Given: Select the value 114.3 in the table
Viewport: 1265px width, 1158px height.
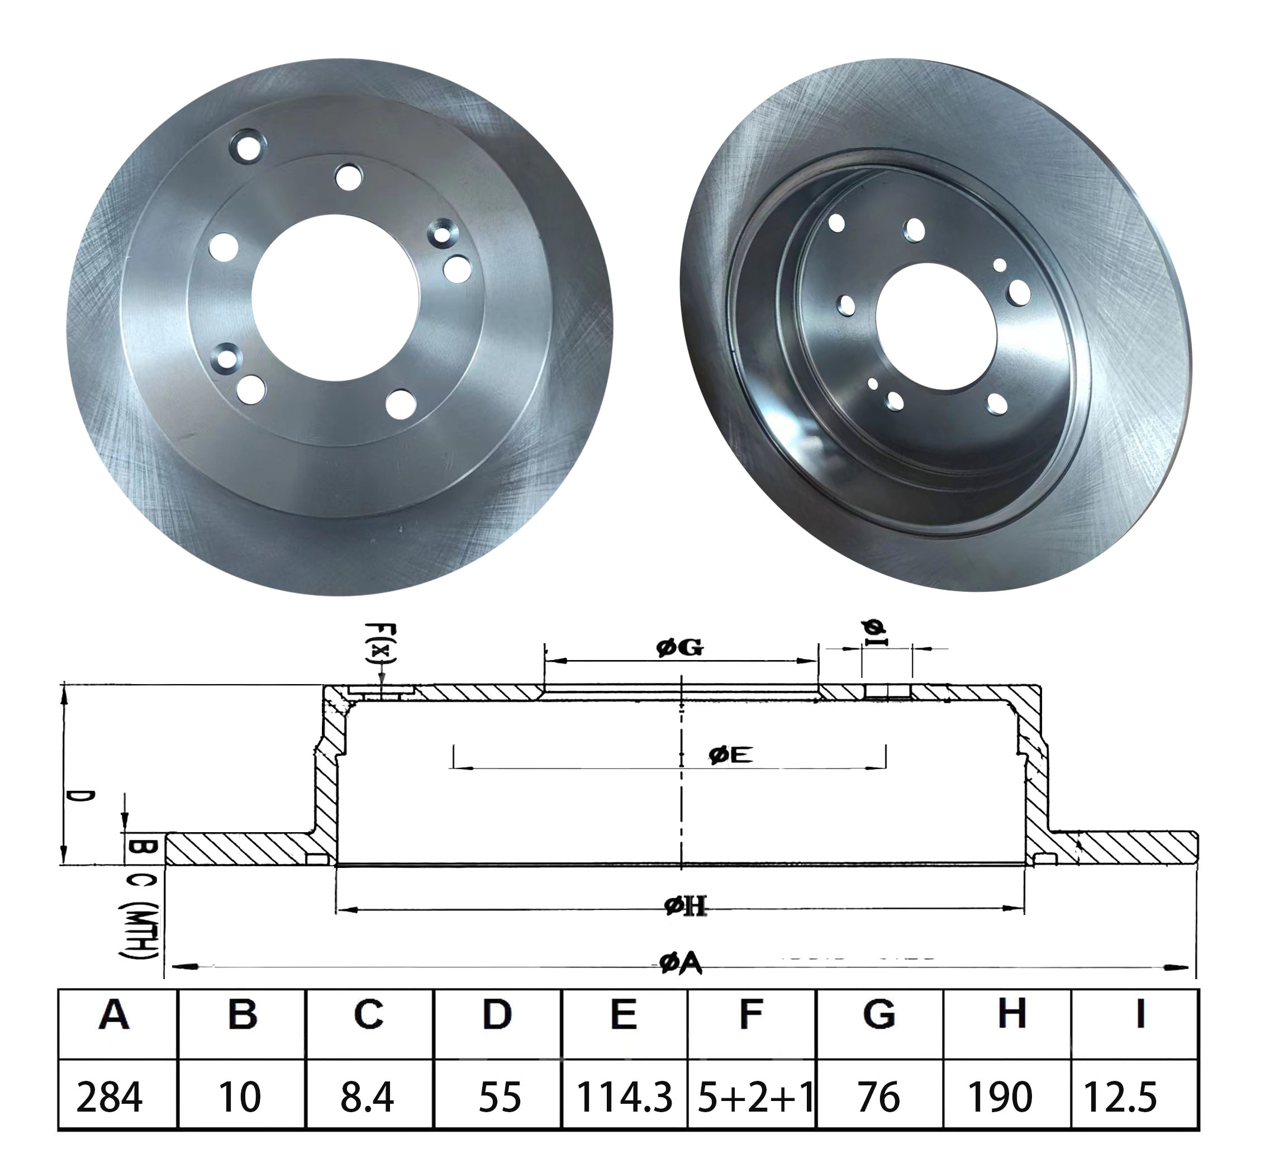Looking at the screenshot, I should point(624,1097).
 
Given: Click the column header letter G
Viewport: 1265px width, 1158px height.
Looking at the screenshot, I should point(878,1015).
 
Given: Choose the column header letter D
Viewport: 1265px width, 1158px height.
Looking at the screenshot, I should point(497,1015).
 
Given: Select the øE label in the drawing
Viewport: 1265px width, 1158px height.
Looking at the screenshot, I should point(731,755).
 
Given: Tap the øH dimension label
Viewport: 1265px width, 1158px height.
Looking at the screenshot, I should point(685,906).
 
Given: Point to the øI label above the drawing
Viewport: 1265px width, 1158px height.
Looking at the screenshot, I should point(874,632).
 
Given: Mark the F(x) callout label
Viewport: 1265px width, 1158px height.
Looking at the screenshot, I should point(381,643).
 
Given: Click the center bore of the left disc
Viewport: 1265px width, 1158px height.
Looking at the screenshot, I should point(335,297).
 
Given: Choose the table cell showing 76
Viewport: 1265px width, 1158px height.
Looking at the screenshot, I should point(878,1097).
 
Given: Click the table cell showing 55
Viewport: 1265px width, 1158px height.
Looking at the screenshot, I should point(500,1097).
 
